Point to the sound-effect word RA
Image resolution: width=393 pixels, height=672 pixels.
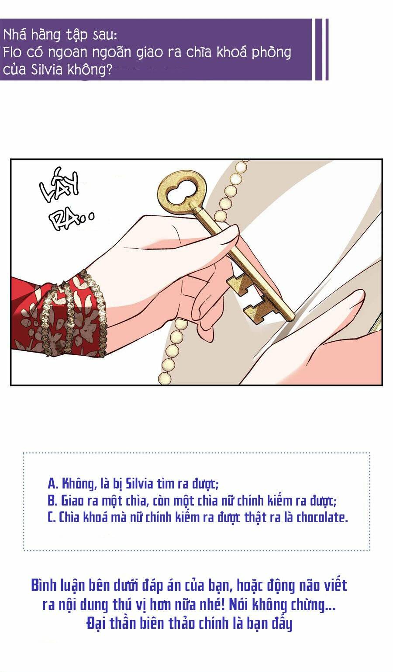pos(65,218)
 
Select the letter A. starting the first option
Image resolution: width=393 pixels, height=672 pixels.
pos(52,484)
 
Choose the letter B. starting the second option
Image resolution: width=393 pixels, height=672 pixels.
pos(52,500)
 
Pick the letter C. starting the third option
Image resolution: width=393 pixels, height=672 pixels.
pos(52,517)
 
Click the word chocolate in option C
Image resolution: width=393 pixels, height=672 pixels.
pos(322,517)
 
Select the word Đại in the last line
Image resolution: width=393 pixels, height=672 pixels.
pos(96,624)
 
